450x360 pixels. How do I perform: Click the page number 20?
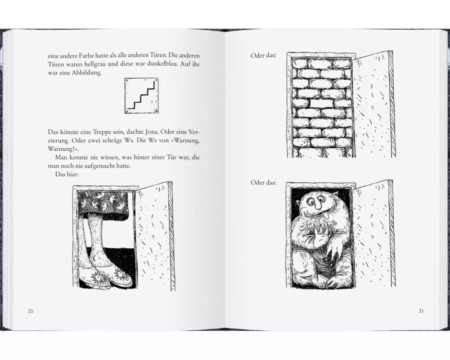tap(31, 311)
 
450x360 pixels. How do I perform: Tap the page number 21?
tap(421, 310)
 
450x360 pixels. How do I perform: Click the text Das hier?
tap(67, 174)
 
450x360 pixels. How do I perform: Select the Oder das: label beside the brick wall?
tap(263, 55)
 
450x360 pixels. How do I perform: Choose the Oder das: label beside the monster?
tap(263, 182)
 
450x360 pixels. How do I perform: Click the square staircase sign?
tap(142, 95)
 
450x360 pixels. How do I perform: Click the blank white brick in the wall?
tap(322, 103)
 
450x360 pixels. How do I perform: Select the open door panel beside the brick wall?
tap(373, 105)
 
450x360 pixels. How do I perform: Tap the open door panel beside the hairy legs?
tap(154, 236)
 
